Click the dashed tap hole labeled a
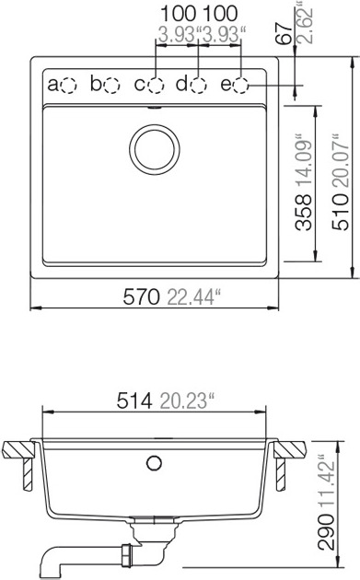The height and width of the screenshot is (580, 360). (x=68, y=86)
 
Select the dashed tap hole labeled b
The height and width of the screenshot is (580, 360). (x=111, y=86)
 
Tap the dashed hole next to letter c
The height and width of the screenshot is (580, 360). (x=156, y=86)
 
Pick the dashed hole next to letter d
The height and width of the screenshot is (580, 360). (x=198, y=86)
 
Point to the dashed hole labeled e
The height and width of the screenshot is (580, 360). (x=241, y=86)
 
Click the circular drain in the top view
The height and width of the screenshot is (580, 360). (x=155, y=149)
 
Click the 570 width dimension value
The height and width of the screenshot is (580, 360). (x=142, y=296)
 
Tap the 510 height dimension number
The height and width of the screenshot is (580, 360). (x=341, y=213)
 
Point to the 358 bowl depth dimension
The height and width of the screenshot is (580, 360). (x=304, y=213)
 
